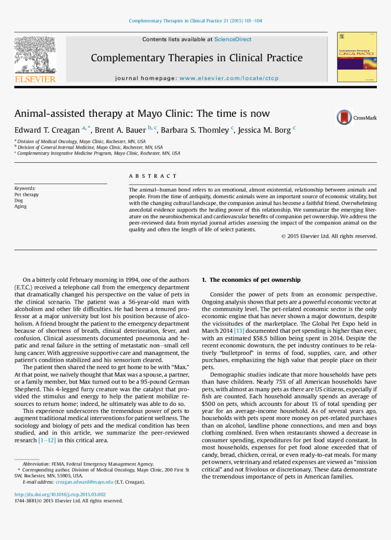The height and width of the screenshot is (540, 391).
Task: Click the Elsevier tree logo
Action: (x=35, y=55)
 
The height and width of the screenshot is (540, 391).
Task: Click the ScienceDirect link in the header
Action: (x=233, y=40)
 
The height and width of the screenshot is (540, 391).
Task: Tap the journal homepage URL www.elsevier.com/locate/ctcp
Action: (x=229, y=78)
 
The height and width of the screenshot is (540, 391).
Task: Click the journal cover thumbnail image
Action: (x=357, y=57)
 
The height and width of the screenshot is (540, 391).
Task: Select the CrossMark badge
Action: (x=356, y=118)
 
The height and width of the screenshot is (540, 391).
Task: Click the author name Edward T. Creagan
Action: (x=47, y=130)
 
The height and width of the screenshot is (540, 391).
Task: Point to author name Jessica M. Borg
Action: (x=264, y=130)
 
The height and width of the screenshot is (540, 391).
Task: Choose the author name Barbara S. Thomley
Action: (x=195, y=130)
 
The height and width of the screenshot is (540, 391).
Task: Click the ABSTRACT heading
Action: (x=153, y=176)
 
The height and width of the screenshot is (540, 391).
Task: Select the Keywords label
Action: (x=25, y=188)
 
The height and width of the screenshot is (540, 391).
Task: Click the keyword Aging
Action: (x=20, y=206)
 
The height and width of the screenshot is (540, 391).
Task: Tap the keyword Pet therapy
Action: (x=26, y=195)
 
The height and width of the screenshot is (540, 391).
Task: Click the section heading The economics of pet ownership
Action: (x=255, y=280)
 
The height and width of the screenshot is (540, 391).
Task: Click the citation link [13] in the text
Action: (x=239, y=331)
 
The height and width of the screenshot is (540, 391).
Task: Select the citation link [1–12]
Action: (x=47, y=440)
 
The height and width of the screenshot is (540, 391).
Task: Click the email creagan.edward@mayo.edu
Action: (x=84, y=482)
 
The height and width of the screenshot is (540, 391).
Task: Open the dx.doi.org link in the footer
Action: (x=60, y=495)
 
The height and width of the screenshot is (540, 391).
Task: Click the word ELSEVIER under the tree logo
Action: (x=35, y=80)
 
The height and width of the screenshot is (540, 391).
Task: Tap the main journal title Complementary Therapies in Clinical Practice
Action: (x=196, y=58)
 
